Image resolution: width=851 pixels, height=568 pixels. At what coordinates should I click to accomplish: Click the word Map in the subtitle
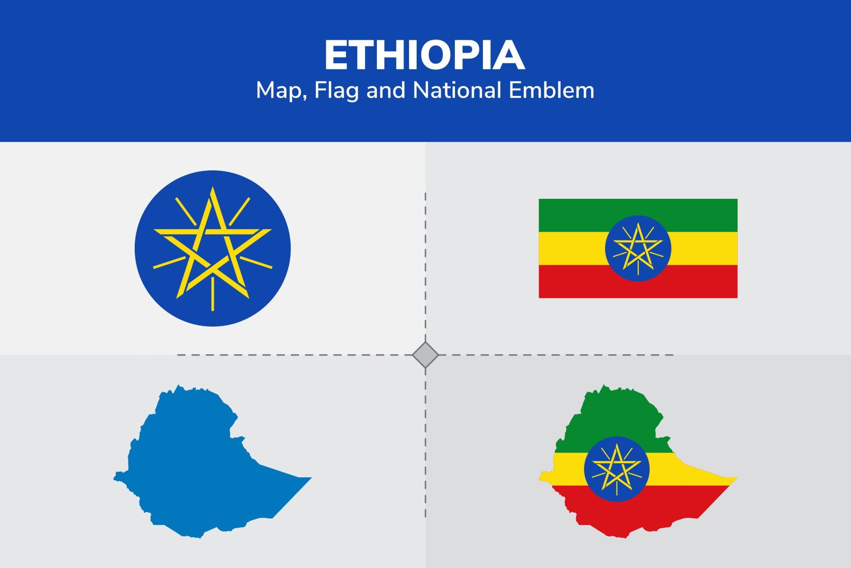(x=279, y=90)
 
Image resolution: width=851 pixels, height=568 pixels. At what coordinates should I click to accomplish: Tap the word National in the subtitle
(x=457, y=90)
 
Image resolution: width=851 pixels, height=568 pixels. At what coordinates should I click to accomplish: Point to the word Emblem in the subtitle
(x=551, y=90)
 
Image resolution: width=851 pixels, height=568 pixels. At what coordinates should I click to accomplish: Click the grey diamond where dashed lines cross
(x=425, y=355)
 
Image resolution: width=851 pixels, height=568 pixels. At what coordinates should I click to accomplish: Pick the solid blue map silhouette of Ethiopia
(x=196, y=468)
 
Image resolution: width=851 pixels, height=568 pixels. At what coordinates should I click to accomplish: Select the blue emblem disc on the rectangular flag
(x=638, y=248)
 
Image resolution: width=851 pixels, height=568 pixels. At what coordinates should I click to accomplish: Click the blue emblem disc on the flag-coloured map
(x=617, y=469)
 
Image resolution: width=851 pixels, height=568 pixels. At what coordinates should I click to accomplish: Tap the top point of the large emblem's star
(x=213, y=189)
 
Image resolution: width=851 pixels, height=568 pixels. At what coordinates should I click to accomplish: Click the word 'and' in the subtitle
(x=386, y=90)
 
